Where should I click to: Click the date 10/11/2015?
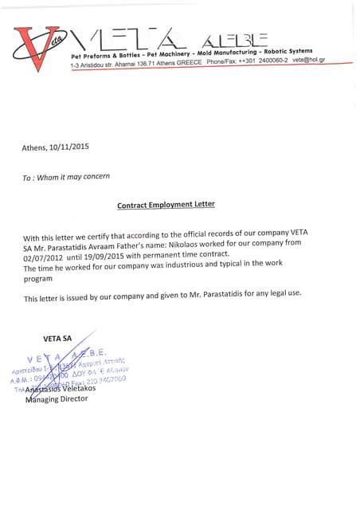72,147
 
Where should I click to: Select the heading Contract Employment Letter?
166,205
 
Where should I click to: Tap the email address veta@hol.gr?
308,61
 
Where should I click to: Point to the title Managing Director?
58,399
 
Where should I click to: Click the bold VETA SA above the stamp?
57,338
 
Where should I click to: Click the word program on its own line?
38,279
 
